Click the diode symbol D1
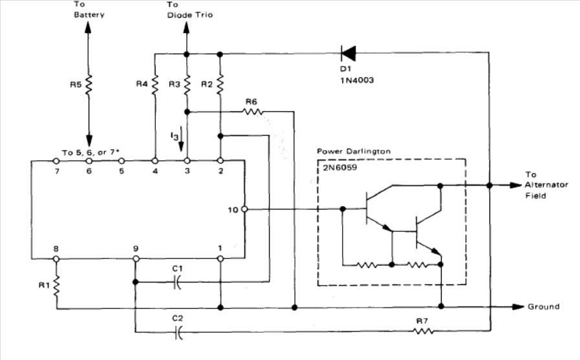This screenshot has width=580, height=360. pyautogui.click(x=348, y=53)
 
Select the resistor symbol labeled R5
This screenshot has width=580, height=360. pyautogui.click(x=89, y=85)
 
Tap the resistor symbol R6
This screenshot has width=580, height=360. pyautogui.click(x=253, y=111)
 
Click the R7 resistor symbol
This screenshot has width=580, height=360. pyautogui.click(x=423, y=331)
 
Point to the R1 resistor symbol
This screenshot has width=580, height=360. pyautogui.click(x=57, y=286)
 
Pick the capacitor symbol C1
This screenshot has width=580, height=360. pyautogui.click(x=178, y=282)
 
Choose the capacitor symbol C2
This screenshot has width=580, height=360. pyautogui.click(x=178, y=332)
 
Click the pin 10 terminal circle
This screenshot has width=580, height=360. pyautogui.click(x=244, y=209)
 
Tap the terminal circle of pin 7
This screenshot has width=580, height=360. pyautogui.click(x=56, y=161)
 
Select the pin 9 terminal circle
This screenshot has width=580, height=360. pyautogui.click(x=136, y=259)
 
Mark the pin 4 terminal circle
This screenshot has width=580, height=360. pyautogui.click(x=155, y=161)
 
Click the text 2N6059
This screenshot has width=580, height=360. pyautogui.click(x=340, y=167)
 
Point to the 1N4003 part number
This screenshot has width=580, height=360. pyautogui.click(x=357, y=80)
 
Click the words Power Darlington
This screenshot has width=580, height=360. pyautogui.click(x=354, y=151)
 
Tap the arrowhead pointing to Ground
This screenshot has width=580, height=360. pyautogui.click(x=518, y=306)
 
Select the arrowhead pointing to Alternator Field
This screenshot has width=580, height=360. pyautogui.click(x=515, y=185)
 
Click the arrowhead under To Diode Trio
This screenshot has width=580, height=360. pyautogui.click(x=186, y=28)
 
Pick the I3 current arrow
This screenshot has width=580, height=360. pyautogui.click(x=181, y=139)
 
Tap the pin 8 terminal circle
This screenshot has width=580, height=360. pyautogui.click(x=56, y=259)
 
